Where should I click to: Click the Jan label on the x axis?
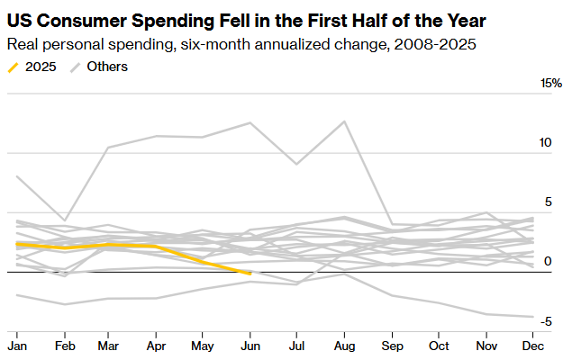click(x=16, y=346)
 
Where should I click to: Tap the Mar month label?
click(x=109, y=346)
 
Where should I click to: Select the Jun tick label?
click(x=249, y=346)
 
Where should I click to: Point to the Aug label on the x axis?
click(x=344, y=346)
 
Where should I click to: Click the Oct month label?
click(x=438, y=346)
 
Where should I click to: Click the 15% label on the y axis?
click(x=550, y=84)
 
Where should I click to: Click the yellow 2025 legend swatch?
click(x=13, y=67)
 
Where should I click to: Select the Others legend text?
click(x=107, y=67)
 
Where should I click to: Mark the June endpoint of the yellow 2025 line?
click(x=250, y=273)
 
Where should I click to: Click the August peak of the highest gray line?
click(x=344, y=121)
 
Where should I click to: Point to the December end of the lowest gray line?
click(x=531, y=317)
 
